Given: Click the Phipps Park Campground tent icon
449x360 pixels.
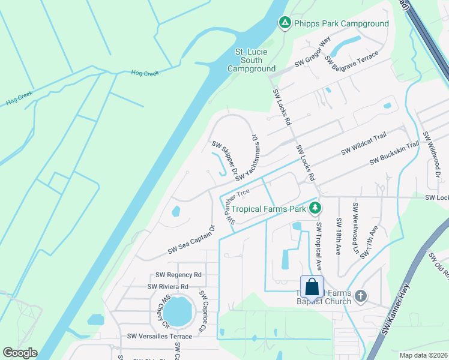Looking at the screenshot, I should [x=285, y=23].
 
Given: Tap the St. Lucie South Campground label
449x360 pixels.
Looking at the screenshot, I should [x=252, y=60].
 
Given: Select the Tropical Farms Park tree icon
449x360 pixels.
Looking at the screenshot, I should [x=313, y=209].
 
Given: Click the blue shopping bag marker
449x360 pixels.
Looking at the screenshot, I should [x=312, y=286].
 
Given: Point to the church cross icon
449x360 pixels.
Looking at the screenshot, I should [x=360, y=296].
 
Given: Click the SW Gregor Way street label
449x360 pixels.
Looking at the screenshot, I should [x=313, y=53].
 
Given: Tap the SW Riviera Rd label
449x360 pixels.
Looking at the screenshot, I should [x=168, y=287].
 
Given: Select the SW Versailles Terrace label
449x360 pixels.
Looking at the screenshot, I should [x=155, y=336].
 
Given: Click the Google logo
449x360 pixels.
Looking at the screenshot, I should [x=20, y=353].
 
